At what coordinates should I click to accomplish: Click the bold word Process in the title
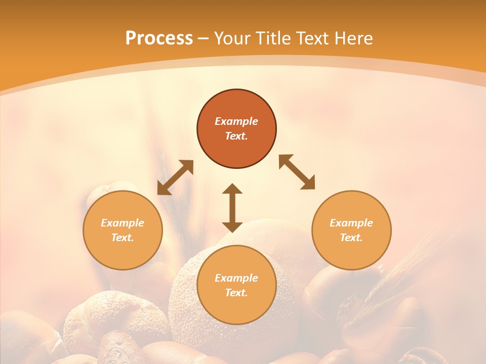pyautogui.click(x=159, y=38)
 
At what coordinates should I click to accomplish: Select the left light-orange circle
pyautogui.click(x=123, y=253)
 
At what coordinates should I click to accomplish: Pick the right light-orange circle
pyautogui.click(x=351, y=253)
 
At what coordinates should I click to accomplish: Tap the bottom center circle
pyautogui.click(x=236, y=308)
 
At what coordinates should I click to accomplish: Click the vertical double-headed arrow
pyautogui.click(x=232, y=208)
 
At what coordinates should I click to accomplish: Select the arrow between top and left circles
pyautogui.click(x=175, y=177)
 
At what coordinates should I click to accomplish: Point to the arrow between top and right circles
pyautogui.click(x=297, y=172)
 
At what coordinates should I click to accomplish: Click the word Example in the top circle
pyautogui.click(x=236, y=121)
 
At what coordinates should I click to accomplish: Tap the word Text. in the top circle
pyautogui.click(x=236, y=136)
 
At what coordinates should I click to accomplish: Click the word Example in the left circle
pyautogui.click(x=123, y=223)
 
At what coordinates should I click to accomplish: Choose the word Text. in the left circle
pyautogui.click(x=123, y=238)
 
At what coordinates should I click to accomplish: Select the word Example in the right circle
pyautogui.click(x=351, y=223)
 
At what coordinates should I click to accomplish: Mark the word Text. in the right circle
pyautogui.click(x=351, y=238)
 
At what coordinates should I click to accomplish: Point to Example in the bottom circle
pyautogui.click(x=236, y=278)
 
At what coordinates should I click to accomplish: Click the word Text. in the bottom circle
pyautogui.click(x=236, y=293)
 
